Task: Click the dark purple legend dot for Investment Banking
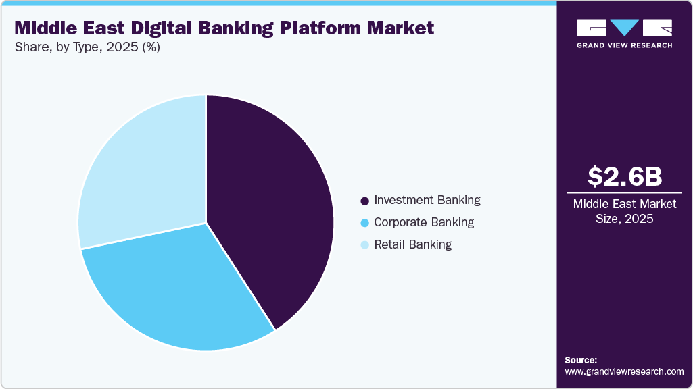tap(365, 201)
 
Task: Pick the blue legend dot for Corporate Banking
tap(365, 222)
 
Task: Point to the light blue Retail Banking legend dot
tap(365, 244)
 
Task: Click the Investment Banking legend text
tap(427, 200)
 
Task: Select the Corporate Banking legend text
tap(423, 222)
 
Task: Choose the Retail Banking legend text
tap(412, 244)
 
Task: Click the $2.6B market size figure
tap(624, 176)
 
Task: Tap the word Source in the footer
tap(581, 360)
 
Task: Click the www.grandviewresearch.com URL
tap(624, 371)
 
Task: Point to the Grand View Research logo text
tap(624, 45)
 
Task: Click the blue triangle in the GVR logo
tap(624, 28)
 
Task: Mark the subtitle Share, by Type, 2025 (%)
tap(87, 47)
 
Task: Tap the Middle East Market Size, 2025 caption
tap(624, 211)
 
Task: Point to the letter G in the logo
tap(590, 28)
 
